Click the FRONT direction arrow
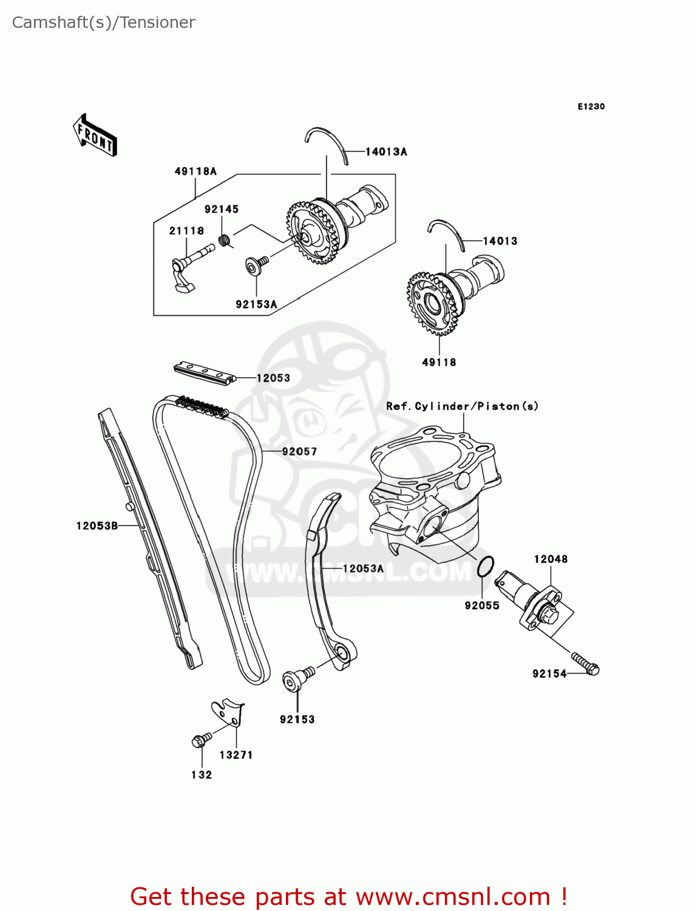95,135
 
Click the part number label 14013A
386,152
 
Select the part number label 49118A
195,171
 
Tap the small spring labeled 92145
225,240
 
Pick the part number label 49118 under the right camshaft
439,363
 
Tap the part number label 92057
299,451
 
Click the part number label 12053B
97,526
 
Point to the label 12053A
363,568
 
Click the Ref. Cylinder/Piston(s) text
462,406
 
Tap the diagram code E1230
591,106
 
